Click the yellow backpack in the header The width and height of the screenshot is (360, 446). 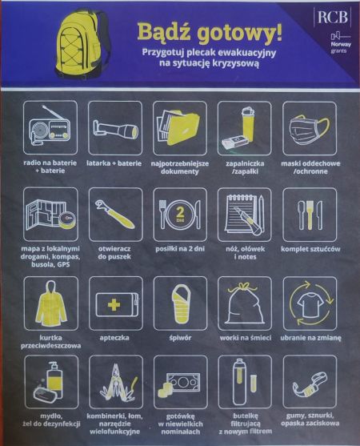pos(82,43)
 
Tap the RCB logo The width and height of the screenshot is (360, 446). pos(332,17)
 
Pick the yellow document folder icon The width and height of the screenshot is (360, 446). pos(178,127)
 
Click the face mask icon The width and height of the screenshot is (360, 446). pos(310,129)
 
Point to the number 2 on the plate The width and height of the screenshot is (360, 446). pos(180,212)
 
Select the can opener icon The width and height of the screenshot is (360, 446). pos(115,214)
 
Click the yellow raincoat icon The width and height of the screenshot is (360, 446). pos(51,303)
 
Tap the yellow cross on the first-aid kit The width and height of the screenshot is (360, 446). pos(114,305)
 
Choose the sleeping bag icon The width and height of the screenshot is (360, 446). pos(180,304)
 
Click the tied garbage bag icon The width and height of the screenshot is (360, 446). pos(244,303)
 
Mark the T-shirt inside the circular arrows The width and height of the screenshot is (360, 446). pos(310,304)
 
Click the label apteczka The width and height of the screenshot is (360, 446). pos(114,338)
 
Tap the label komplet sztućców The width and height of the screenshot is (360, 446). pos(310,249)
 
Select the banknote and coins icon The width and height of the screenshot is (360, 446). pos(179,385)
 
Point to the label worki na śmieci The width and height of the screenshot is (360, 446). pos(246,338)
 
